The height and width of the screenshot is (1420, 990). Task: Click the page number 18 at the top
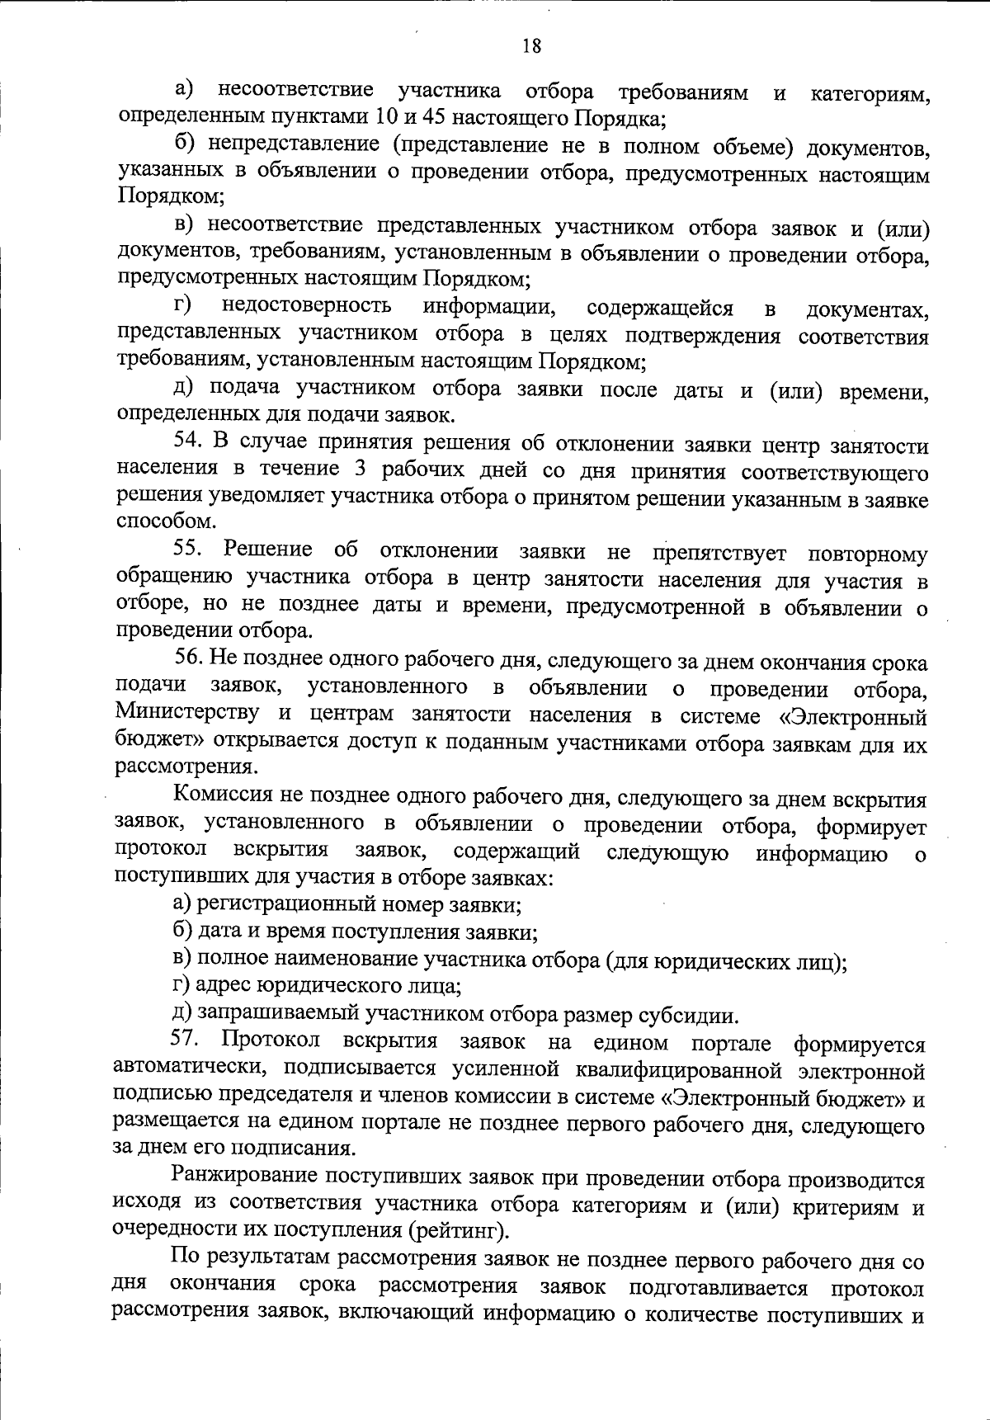coord(531,45)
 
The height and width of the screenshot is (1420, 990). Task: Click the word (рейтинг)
coord(455,1231)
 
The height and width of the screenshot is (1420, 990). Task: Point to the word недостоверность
coord(306,307)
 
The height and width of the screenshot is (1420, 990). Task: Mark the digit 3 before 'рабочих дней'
coord(365,470)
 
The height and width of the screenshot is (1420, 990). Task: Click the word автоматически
coord(189,1069)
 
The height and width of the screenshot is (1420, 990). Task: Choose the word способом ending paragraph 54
coord(155,521)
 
